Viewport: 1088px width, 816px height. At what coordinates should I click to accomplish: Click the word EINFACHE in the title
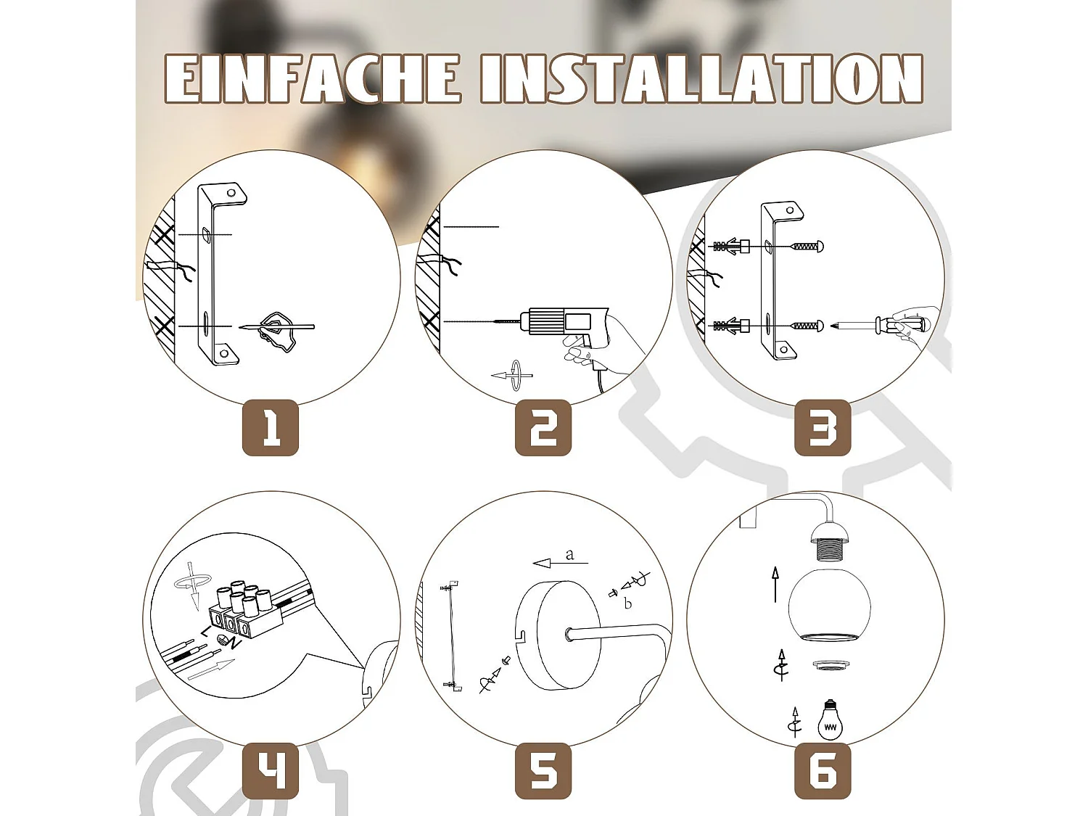tap(312, 78)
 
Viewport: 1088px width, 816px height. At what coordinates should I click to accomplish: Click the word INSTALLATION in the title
tap(701, 78)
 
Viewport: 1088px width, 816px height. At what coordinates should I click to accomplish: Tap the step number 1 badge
tap(271, 427)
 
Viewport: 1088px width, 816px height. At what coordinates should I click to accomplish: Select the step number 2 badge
tap(543, 427)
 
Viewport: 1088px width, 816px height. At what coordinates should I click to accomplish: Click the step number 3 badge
tap(823, 427)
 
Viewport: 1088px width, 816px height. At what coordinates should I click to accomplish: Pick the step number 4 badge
tap(271, 771)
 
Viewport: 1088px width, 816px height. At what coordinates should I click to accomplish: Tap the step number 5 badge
tap(543, 771)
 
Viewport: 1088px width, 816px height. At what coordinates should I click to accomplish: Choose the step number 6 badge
tap(823, 771)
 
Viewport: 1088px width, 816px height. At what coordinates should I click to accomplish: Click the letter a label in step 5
tap(569, 555)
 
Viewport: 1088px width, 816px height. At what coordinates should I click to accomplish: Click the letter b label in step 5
tap(628, 603)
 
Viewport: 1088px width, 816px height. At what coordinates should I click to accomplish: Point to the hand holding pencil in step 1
tap(279, 331)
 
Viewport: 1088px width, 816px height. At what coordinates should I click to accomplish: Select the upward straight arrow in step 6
tap(775, 585)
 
